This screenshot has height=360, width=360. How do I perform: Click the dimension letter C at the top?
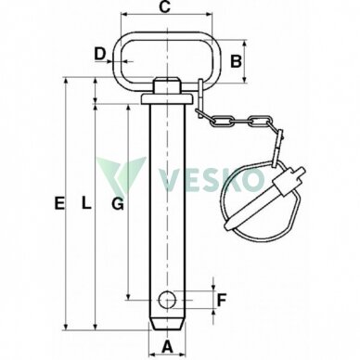click(165, 7)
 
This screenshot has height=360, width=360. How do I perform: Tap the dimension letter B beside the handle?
click(237, 61)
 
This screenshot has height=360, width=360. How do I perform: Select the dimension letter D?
click(100, 54)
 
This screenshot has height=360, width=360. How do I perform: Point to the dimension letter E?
click(59, 203)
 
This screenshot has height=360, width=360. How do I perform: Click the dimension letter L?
click(86, 203)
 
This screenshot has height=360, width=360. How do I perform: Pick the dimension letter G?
click(118, 204)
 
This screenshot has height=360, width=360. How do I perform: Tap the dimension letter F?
click(222, 300)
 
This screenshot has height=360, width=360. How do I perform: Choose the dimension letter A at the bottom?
click(167, 347)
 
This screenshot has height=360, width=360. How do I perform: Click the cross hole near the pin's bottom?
click(167, 300)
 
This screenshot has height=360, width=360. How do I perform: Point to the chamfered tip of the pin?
click(167, 325)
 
